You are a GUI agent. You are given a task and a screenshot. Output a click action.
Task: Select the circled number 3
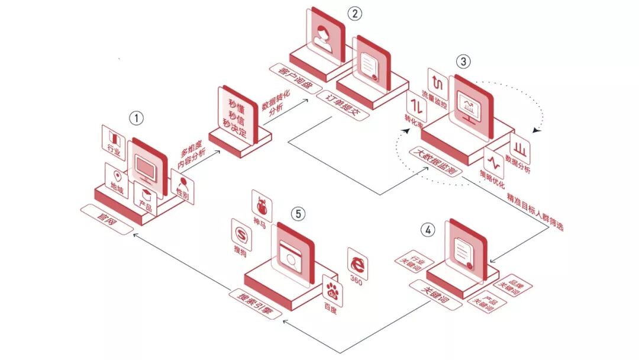click(x=463, y=62)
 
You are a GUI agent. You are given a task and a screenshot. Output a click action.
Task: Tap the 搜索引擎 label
click(x=255, y=304)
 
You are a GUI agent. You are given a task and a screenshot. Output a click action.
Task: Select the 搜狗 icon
click(x=241, y=233)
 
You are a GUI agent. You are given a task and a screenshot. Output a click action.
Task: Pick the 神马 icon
click(x=260, y=204)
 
